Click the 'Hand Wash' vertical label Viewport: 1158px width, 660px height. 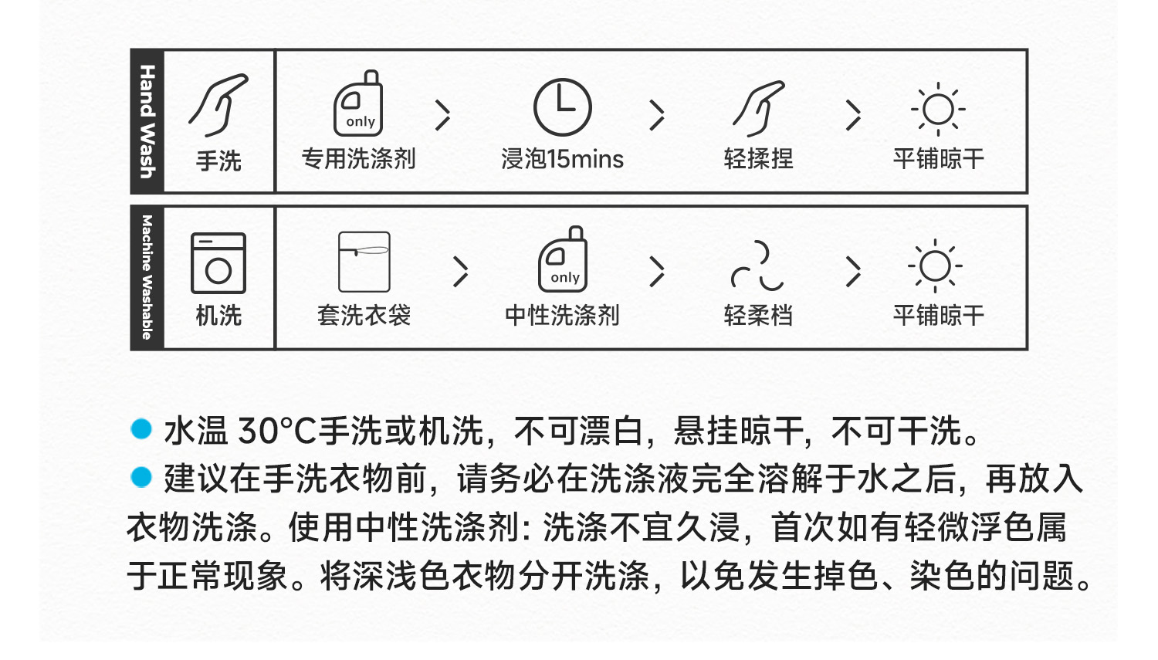(x=147, y=121)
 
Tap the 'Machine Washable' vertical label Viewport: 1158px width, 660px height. (x=147, y=278)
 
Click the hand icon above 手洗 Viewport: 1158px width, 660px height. (x=218, y=105)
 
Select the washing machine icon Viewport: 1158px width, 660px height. (x=218, y=263)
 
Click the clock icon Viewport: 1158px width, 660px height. (x=563, y=107)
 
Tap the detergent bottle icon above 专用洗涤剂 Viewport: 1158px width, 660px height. (x=359, y=104)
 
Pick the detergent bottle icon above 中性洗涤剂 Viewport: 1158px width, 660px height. (x=563, y=260)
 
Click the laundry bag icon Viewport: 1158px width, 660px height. (x=364, y=262)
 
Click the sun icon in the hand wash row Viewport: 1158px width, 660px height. (x=938, y=110)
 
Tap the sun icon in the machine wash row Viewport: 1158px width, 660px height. (x=936, y=266)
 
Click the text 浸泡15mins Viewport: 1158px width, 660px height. (x=562, y=159)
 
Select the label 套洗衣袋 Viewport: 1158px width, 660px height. (x=364, y=315)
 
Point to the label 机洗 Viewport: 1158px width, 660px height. (x=218, y=315)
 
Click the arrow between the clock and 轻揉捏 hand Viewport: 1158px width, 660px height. (x=657, y=115)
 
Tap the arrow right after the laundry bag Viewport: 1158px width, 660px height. (x=461, y=271)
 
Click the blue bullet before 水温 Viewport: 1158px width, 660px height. (x=141, y=429)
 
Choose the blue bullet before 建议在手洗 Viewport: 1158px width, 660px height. (x=141, y=477)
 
